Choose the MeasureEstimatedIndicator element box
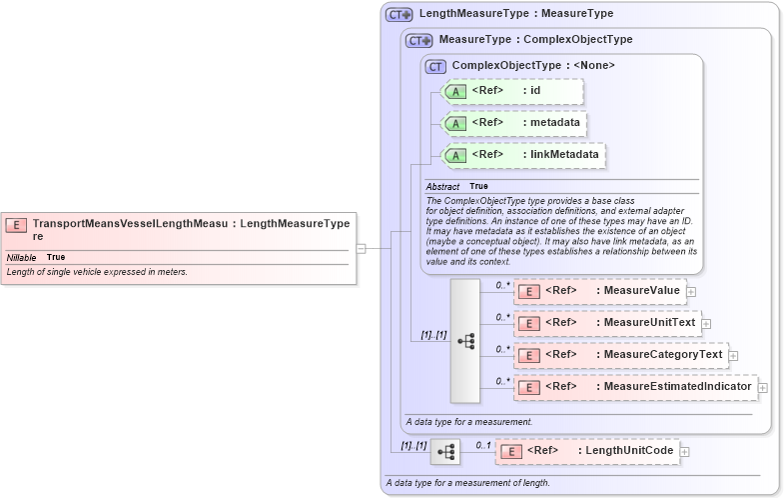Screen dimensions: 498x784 (x=635, y=387)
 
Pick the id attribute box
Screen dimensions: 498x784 (x=510, y=91)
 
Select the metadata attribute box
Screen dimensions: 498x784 (x=512, y=123)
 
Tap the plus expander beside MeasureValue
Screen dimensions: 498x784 (x=690, y=291)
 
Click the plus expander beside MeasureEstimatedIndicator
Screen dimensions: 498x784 (x=763, y=387)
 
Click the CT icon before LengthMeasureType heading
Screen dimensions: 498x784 (x=399, y=15)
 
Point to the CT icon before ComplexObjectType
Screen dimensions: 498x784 (x=435, y=67)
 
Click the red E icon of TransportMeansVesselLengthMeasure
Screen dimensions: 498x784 (x=16, y=226)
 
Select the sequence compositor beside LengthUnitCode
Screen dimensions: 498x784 (x=444, y=452)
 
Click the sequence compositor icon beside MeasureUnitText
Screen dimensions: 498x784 (x=465, y=340)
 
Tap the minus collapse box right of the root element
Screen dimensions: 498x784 (x=361, y=248)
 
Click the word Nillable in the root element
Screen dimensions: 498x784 (x=21, y=258)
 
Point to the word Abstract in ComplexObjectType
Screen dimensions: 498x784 (x=442, y=187)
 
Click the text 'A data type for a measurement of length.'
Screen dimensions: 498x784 (x=467, y=484)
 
